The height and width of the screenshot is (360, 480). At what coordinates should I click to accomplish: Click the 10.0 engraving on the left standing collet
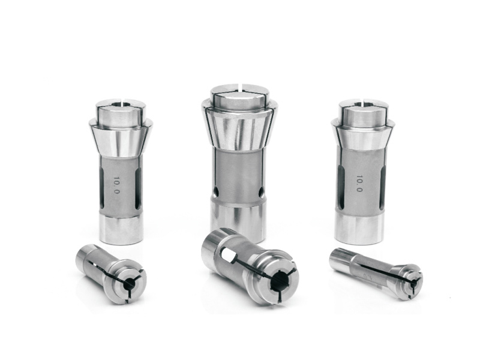click(116, 185)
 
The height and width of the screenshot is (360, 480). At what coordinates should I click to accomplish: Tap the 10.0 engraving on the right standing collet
click(359, 184)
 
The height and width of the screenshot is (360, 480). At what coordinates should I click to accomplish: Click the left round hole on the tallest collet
click(216, 191)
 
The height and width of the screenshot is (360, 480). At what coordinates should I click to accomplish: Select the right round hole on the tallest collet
click(261, 192)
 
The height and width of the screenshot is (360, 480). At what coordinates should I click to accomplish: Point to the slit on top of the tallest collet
click(242, 86)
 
